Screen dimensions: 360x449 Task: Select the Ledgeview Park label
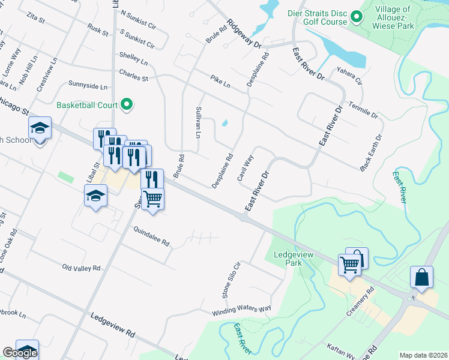tap(287, 259)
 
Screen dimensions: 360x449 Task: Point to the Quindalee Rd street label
tap(151, 236)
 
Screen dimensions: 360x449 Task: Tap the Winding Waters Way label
tap(241, 311)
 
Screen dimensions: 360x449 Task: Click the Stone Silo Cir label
tap(231, 280)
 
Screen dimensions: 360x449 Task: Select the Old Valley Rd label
tap(81, 267)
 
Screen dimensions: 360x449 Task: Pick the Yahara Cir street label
tap(351, 76)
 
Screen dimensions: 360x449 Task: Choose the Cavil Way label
tap(245, 168)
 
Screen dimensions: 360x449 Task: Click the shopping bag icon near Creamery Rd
tap(421, 278)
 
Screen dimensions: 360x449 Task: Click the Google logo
tap(20, 353)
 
